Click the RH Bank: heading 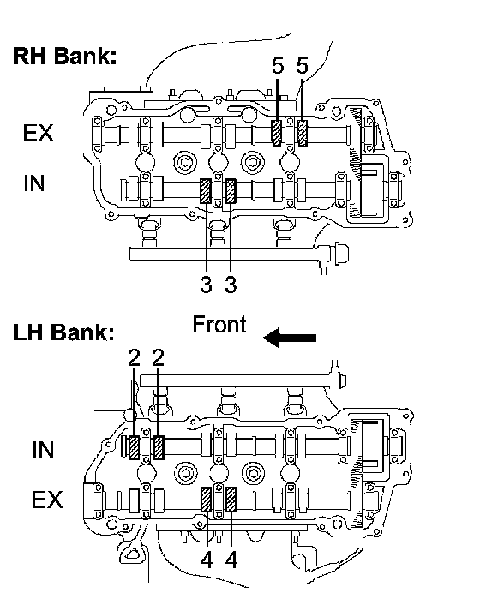[x=64, y=56]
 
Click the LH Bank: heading [x=63, y=332]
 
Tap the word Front [x=219, y=325]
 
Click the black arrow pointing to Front [x=290, y=338]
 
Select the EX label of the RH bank [x=39, y=133]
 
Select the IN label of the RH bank [x=34, y=183]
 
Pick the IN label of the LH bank [x=43, y=450]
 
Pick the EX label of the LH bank [x=47, y=500]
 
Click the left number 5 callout [x=278, y=65]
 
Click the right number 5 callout [x=302, y=65]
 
